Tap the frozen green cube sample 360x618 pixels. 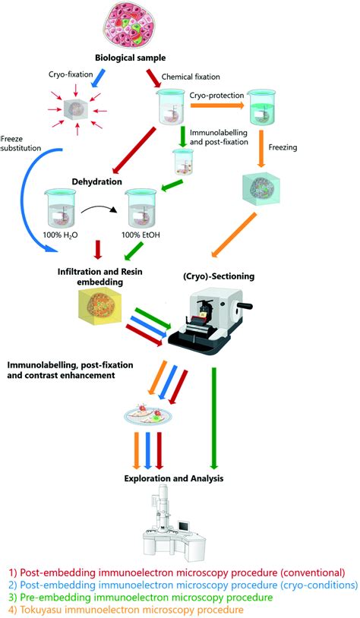(264, 191)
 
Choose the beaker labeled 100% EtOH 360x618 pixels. (147, 207)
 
